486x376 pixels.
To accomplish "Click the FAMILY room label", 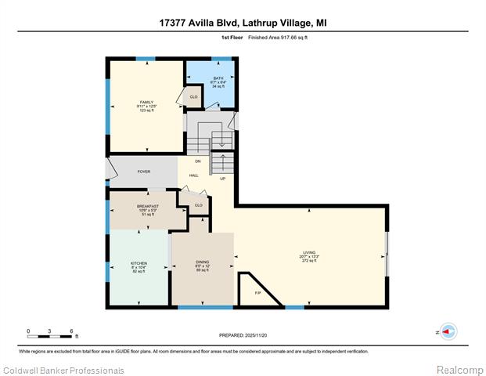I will pyautogui.click(x=147, y=102).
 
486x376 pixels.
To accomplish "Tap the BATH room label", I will pyautogui.click(x=218, y=78).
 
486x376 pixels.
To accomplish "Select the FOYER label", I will pyautogui.click(x=144, y=171).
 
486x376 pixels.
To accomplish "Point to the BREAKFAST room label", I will pyautogui.click(x=148, y=207).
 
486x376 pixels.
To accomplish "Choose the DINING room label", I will pyautogui.click(x=202, y=262).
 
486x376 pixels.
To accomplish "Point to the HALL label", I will pyautogui.click(x=194, y=175).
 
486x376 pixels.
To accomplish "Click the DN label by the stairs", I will pyautogui.click(x=198, y=161).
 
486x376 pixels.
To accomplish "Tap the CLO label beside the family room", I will pyautogui.click(x=193, y=97).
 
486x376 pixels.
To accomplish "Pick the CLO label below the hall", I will pyautogui.click(x=198, y=205).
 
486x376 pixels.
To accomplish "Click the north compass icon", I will pyautogui.click(x=448, y=331).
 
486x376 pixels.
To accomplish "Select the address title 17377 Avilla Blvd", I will pyautogui.click(x=243, y=23).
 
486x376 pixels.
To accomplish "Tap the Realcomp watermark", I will pyautogui.click(x=459, y=370).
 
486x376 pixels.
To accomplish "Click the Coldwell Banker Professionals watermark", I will pyautogui.click(x=63, y=370).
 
